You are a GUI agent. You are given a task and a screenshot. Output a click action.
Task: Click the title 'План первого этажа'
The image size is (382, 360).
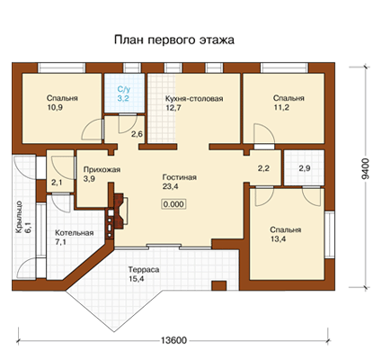click(x=174, y=40)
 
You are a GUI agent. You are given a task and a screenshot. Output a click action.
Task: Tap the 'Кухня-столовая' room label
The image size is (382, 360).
click(x=194, y=99)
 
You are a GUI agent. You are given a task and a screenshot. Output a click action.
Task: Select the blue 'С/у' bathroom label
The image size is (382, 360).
click(x=124, y=89)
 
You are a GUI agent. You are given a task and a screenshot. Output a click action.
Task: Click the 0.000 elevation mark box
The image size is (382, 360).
click(x=174, y=204)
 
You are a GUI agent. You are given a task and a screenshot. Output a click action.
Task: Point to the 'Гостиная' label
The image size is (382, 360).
click(x=180, y=177)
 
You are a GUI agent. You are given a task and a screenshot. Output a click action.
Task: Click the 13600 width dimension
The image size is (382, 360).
click(x=173, y=340)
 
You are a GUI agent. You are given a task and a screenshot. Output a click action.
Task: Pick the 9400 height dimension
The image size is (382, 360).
click(x=366, y=169)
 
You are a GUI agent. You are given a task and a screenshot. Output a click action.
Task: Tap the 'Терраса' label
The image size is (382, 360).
click(x=144, y=269)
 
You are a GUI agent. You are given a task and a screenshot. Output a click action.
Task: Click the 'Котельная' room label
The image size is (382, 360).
click(x=75, y=233)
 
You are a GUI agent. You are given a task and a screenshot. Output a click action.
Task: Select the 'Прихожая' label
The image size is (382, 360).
click(x=102, y=169)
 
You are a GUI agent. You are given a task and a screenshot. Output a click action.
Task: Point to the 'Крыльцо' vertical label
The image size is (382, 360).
click(x=19, y=217)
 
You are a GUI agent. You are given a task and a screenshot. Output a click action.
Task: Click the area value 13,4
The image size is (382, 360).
click(x=278, y=239)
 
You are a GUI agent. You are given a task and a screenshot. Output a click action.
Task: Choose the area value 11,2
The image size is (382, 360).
click(x=281, y=107)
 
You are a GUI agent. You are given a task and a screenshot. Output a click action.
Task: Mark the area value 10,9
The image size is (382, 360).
click(x=55, y=107)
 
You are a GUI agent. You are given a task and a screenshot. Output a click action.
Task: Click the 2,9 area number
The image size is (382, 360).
click(x=305, y=168)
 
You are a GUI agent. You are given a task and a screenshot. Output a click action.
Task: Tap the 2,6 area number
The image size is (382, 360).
click(x=137, y=134)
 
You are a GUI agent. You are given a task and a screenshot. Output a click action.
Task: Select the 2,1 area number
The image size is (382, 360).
click(x=57, y=182)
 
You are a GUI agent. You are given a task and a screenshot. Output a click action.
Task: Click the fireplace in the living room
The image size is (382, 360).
click(x=118, y=211)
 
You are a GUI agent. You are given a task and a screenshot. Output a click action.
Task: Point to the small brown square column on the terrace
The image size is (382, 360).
click(x=219, y=285)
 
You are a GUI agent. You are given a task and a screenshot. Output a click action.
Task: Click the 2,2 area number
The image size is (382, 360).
click(x=263, y=168)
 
